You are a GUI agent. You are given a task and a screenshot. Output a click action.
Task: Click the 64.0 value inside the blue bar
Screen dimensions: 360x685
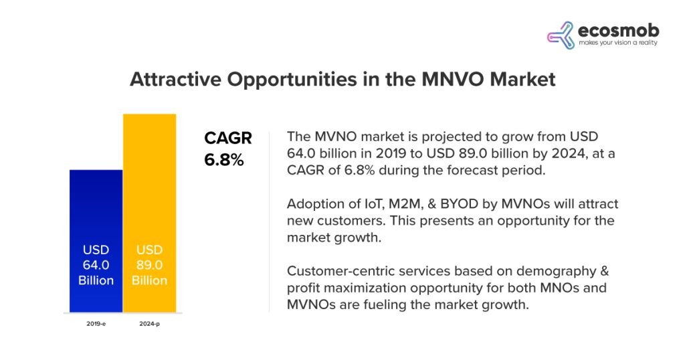tap(96, 265)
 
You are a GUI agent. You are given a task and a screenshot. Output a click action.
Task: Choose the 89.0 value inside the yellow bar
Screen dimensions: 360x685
tap(149, 265)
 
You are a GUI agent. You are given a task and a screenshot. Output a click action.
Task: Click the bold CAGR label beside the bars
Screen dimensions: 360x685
tap(227, 139)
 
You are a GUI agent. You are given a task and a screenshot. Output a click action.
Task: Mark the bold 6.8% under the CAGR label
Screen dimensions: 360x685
tap(223, 161)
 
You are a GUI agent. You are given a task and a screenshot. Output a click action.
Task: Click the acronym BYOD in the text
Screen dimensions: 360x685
tap(454, 203)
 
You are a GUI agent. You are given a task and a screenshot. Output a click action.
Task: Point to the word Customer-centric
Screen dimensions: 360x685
tap(337, 272)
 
